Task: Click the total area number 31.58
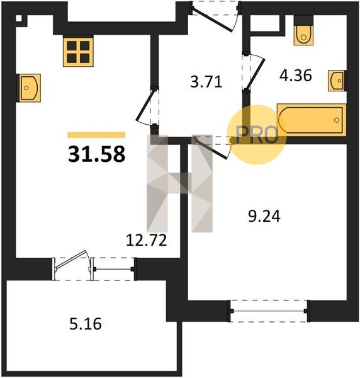[96, 154]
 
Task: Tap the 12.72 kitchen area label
[147, 241]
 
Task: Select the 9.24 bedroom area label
[264, 216]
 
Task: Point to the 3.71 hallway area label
[206, 81]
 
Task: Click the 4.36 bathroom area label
[296, 75]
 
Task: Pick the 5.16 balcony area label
[86, 324]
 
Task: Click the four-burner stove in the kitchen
[78, 52]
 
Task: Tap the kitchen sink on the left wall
[28, 88]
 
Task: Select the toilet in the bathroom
[303, 31]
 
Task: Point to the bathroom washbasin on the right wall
[337, 81]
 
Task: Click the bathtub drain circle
[337, 120]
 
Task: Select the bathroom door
[254, 72]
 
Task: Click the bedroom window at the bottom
[269, 311]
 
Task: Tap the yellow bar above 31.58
[96, 135]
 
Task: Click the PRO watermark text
[257, 135]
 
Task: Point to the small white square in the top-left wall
[19, 18]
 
